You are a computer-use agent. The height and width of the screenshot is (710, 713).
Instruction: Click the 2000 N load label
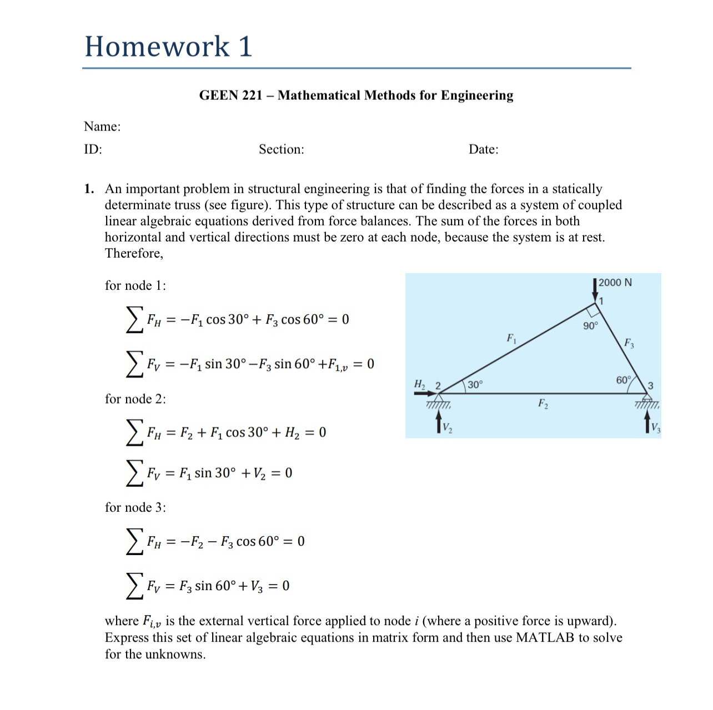pyautogui.click(x=615, y=283)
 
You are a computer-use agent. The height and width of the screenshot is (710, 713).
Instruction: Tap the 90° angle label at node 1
pyautogui.click(x=590, y=326)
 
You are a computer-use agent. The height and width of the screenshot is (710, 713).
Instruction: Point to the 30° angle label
pyautogui.click(x=475, y=385)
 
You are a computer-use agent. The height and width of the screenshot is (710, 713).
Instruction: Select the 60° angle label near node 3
pyautogui.click(x=624, y=380)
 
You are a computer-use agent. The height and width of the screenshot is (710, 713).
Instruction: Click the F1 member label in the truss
pyautogui.click(x=511, y=338)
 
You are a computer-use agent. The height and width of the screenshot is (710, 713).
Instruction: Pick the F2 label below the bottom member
pyautogui.click(x=543, y=404)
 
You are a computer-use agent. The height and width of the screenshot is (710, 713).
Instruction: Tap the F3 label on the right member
pyautogui.click(x=629, y=343)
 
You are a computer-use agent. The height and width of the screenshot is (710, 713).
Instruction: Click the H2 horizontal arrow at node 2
pyautogui.click(x=425, y=393)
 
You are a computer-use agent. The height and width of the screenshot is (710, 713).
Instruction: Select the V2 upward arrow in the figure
pyautogui.click(x=439, y=423)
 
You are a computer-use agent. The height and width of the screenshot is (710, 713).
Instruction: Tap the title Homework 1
pyautogui.click(x=168, y=46)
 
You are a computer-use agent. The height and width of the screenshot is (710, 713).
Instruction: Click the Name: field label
pyautogui.click(x=102, y=127)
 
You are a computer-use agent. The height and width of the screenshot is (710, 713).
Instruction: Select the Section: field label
pyautogui.click(x=281, y=149)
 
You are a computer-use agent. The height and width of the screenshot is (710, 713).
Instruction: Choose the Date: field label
pyautogui.click(x=483, y=149)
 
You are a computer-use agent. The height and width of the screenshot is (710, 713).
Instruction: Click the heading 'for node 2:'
pyautogui.click(x=135, y=399)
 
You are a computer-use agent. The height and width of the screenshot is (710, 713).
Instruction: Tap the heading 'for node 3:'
pyautogui.click(x=135, y=507)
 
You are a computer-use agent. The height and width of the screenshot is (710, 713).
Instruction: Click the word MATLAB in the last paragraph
pyautogui.click(x=545, y=637)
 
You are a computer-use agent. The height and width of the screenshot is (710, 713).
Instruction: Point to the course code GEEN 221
pyautogui.click(x=230, y=95)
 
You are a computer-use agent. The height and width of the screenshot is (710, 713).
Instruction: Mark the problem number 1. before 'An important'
pyautogui.click(x=89, y=189)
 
